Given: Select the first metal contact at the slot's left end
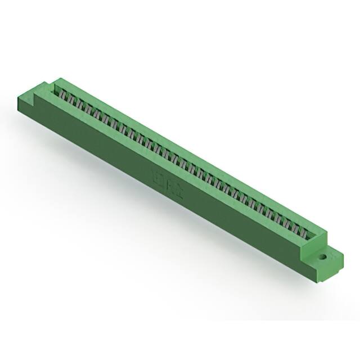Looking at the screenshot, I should tap(63, 95).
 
